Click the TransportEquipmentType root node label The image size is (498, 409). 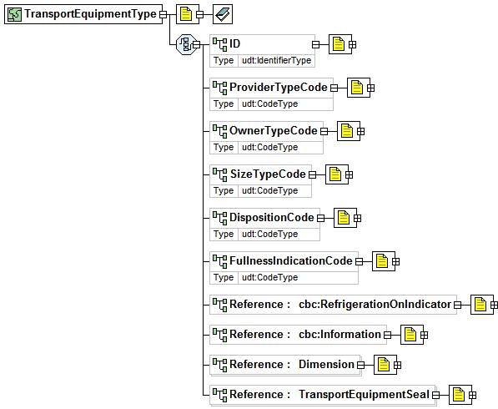(91, 14)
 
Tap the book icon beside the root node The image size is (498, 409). (223, 14)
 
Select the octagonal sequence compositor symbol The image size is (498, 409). (185, 44)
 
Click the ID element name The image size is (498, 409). (234, 43)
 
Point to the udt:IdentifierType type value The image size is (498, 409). (277, 60)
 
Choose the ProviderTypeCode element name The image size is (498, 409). (279, 87)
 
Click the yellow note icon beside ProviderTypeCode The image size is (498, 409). (357, 88)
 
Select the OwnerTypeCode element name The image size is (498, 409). (273, 130)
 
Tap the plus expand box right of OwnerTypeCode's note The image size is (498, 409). (361, 131)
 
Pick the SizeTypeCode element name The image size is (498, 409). (268, 174)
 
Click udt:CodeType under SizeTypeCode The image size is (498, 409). (270, 190)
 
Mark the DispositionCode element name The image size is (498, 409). (272, 217)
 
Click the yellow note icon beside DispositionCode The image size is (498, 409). (344, 218)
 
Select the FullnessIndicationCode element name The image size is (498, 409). (291, 261)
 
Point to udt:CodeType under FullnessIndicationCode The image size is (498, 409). (270, 277)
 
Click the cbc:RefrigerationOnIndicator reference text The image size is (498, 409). (375, 305)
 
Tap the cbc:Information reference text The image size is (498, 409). (340, 335)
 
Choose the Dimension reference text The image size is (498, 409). (326, 364)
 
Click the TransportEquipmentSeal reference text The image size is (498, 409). (364, 394)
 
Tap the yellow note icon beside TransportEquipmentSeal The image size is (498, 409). (458, 395)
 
